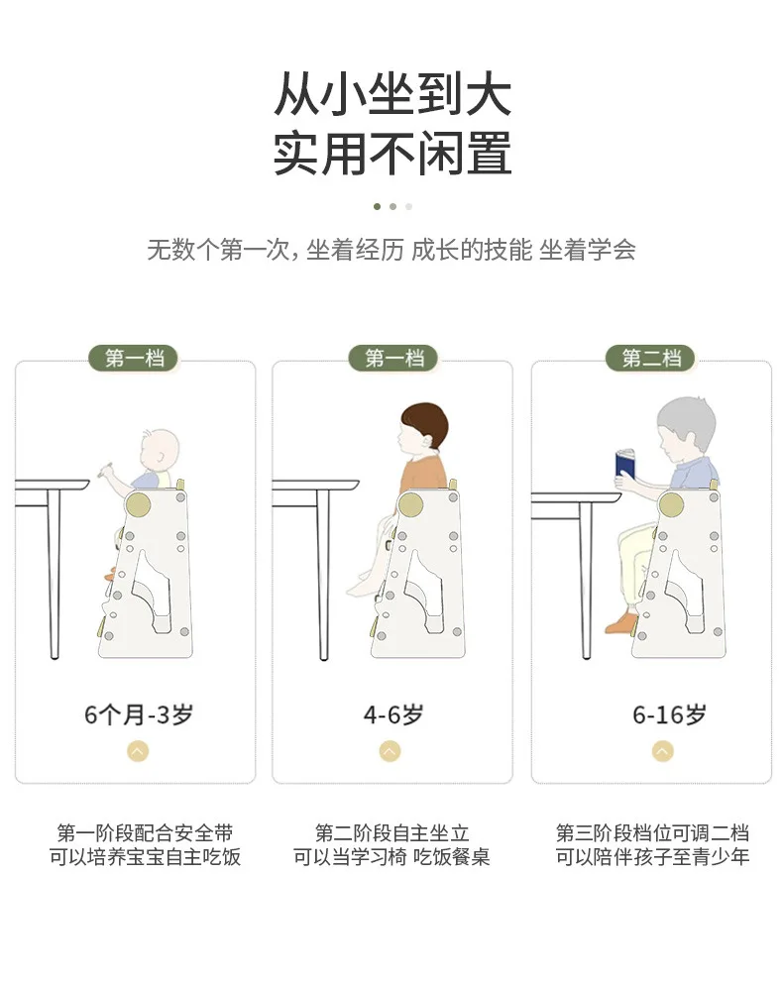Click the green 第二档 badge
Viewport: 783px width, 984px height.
[x=651, y=359]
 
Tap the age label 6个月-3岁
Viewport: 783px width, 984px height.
[x=139, y=714]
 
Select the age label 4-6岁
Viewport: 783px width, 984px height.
[x=393, y=714]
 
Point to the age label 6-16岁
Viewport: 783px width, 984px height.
[x=669, y=714]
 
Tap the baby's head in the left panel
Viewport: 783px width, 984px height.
[x=159, y=449]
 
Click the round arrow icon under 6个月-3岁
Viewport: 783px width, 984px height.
[x=138, y=751]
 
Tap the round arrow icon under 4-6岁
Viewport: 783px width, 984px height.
[x=390, y=751]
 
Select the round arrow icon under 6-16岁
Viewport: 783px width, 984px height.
[x=662, y=751]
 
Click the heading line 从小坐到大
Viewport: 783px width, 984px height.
[x=392, y=94]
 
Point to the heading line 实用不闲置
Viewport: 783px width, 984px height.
[x=392, y=154]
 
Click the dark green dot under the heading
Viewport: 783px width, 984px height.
[x=377, y=206]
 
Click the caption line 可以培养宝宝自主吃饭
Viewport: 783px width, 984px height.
[x=145, y=856]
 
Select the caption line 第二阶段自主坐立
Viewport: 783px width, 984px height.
[x=391, y=833]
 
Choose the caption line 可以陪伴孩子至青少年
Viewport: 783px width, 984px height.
[x=652, y=856]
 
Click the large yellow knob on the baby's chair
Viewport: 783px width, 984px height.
[x=138, y=505]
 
